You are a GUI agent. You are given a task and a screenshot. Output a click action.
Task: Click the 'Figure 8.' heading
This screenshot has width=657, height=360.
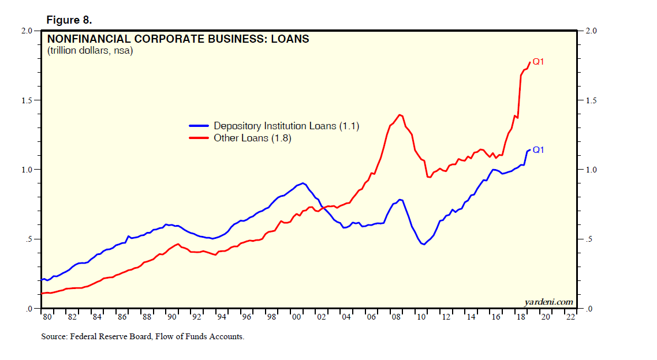(69, 20)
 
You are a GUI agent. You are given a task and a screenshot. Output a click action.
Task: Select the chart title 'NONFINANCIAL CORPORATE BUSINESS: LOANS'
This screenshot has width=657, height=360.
(178, 39)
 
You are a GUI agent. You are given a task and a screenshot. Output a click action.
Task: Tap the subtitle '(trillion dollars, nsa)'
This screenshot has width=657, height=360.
(90, 51)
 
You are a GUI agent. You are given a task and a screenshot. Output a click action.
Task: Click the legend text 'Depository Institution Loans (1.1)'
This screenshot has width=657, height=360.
(286, 126)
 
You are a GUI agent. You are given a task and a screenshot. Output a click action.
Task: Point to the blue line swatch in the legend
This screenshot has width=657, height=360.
(199, 126)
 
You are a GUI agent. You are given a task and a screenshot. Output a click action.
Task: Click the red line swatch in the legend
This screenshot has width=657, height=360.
(199, 138)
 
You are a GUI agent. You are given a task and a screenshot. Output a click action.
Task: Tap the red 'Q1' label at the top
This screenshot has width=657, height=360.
(538, 61)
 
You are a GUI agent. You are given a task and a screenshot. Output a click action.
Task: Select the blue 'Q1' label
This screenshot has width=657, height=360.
(538, 150)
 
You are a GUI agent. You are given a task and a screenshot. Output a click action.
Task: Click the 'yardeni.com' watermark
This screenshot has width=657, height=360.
(548, 302)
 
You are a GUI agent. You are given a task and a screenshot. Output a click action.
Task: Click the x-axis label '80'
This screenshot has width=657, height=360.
(46, 317)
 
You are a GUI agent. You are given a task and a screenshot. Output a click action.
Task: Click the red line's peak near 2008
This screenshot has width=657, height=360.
(400, 114)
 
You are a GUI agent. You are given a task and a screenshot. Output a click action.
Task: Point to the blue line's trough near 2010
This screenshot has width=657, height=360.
(424, 245)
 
